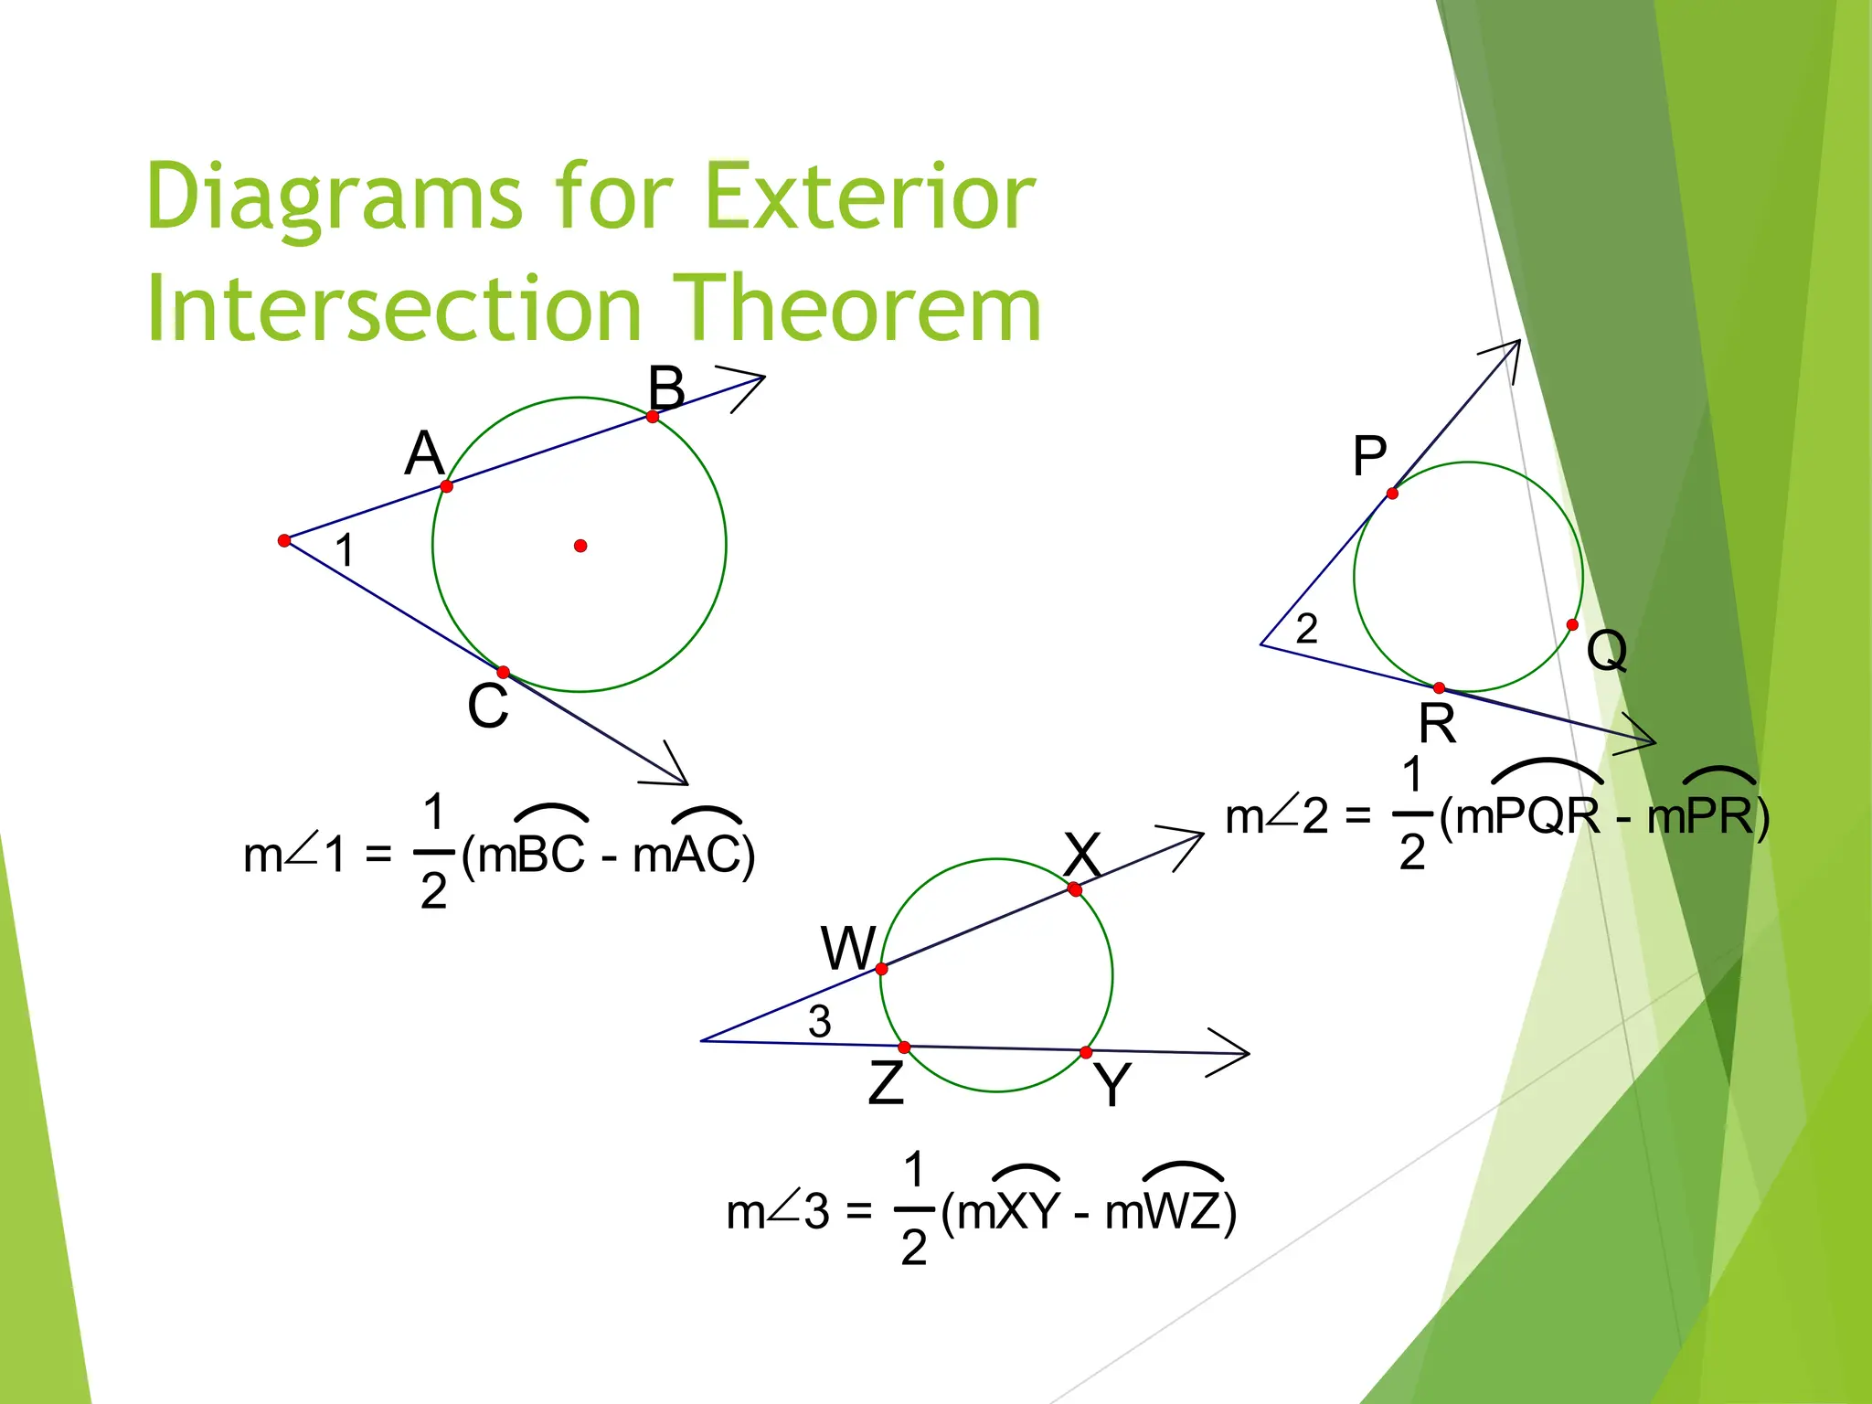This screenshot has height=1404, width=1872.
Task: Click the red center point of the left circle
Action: pyautogui.click(x=580, y=546)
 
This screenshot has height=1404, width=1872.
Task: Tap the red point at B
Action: pyautogui.click(x=653, y=417)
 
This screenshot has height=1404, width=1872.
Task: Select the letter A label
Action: pyautogui.click(x=424, y=453)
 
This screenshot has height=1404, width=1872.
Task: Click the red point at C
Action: pyautogui.click(x=504, y=673)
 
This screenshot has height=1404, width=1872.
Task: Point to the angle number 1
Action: pyautogui.click(x=345, y=550)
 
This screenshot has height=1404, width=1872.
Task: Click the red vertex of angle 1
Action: pyautogui.click(x=284, y=541)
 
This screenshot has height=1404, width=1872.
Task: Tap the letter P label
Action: pyautogui.click(x=1369, y=456)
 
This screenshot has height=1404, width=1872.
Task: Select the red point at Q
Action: pyautogui.click(x=1572, y=625)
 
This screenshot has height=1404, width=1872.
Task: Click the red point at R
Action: pyautogui.click(x=1439, y=688)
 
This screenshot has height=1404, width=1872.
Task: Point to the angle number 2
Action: pyautogui.click(x=1307, y=629)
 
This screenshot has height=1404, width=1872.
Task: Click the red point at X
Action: pyautogui.click(x=1075, y=889)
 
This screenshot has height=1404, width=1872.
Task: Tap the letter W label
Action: pyautogui.click(x=848, y=948)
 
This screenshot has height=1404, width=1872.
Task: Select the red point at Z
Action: pyautogui.click(x=904, y=1048)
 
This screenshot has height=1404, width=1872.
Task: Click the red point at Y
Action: pyautogui.click(x=1086, y=1053)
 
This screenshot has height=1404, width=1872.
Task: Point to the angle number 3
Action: pyautogui.click(x=820, y=1021)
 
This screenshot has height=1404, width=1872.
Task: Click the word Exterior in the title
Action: pyautogui.click(x=869, y=197)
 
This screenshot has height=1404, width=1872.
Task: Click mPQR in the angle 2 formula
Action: pyautogui.click(x=1527, y=816)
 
